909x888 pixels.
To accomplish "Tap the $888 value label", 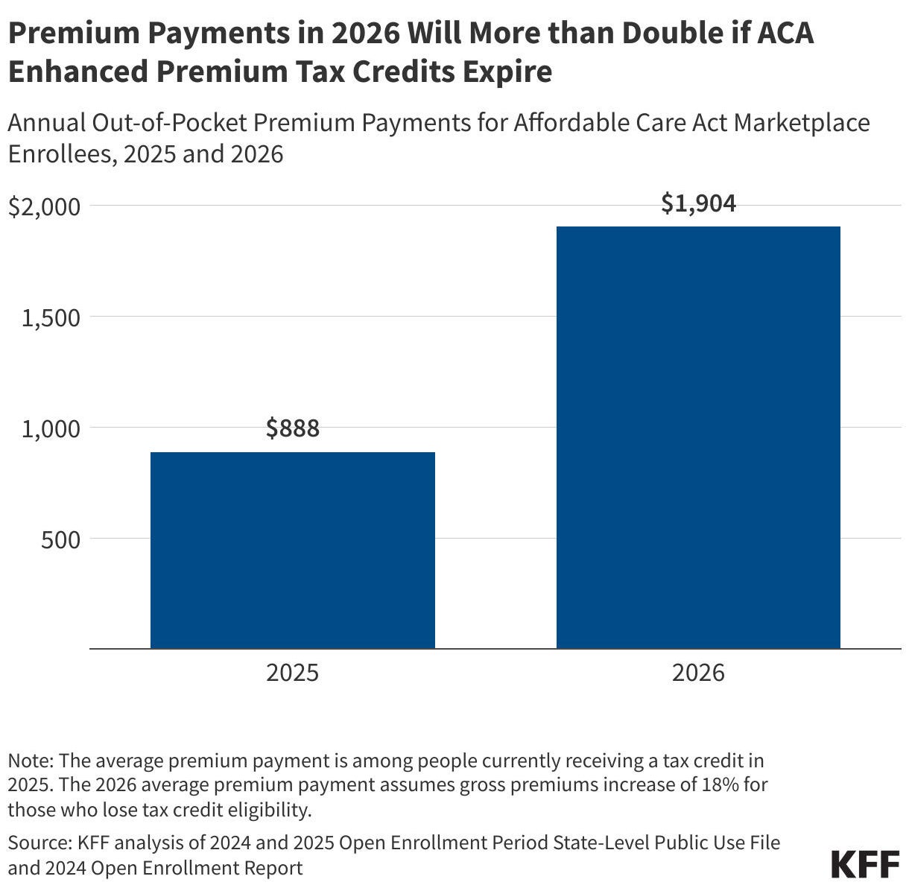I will click(292, 428).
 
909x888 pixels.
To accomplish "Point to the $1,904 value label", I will click(698, 203).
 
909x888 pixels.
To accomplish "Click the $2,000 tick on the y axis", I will click(44, 206).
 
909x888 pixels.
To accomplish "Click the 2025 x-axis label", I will click(292, 673).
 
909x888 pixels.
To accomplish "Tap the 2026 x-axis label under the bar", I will click(698, 673).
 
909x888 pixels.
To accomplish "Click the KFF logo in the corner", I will click(864, 864).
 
